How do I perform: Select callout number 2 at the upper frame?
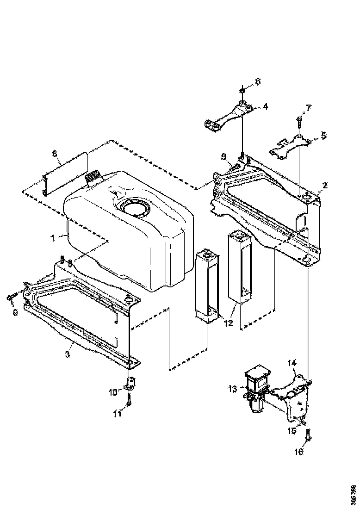[325, 186]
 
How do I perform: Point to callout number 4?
[265, 106]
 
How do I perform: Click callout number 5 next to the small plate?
[323, 136]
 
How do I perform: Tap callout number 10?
[113, 392]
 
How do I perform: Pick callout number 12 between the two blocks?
[228, 323]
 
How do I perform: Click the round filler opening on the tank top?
[136, 207]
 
